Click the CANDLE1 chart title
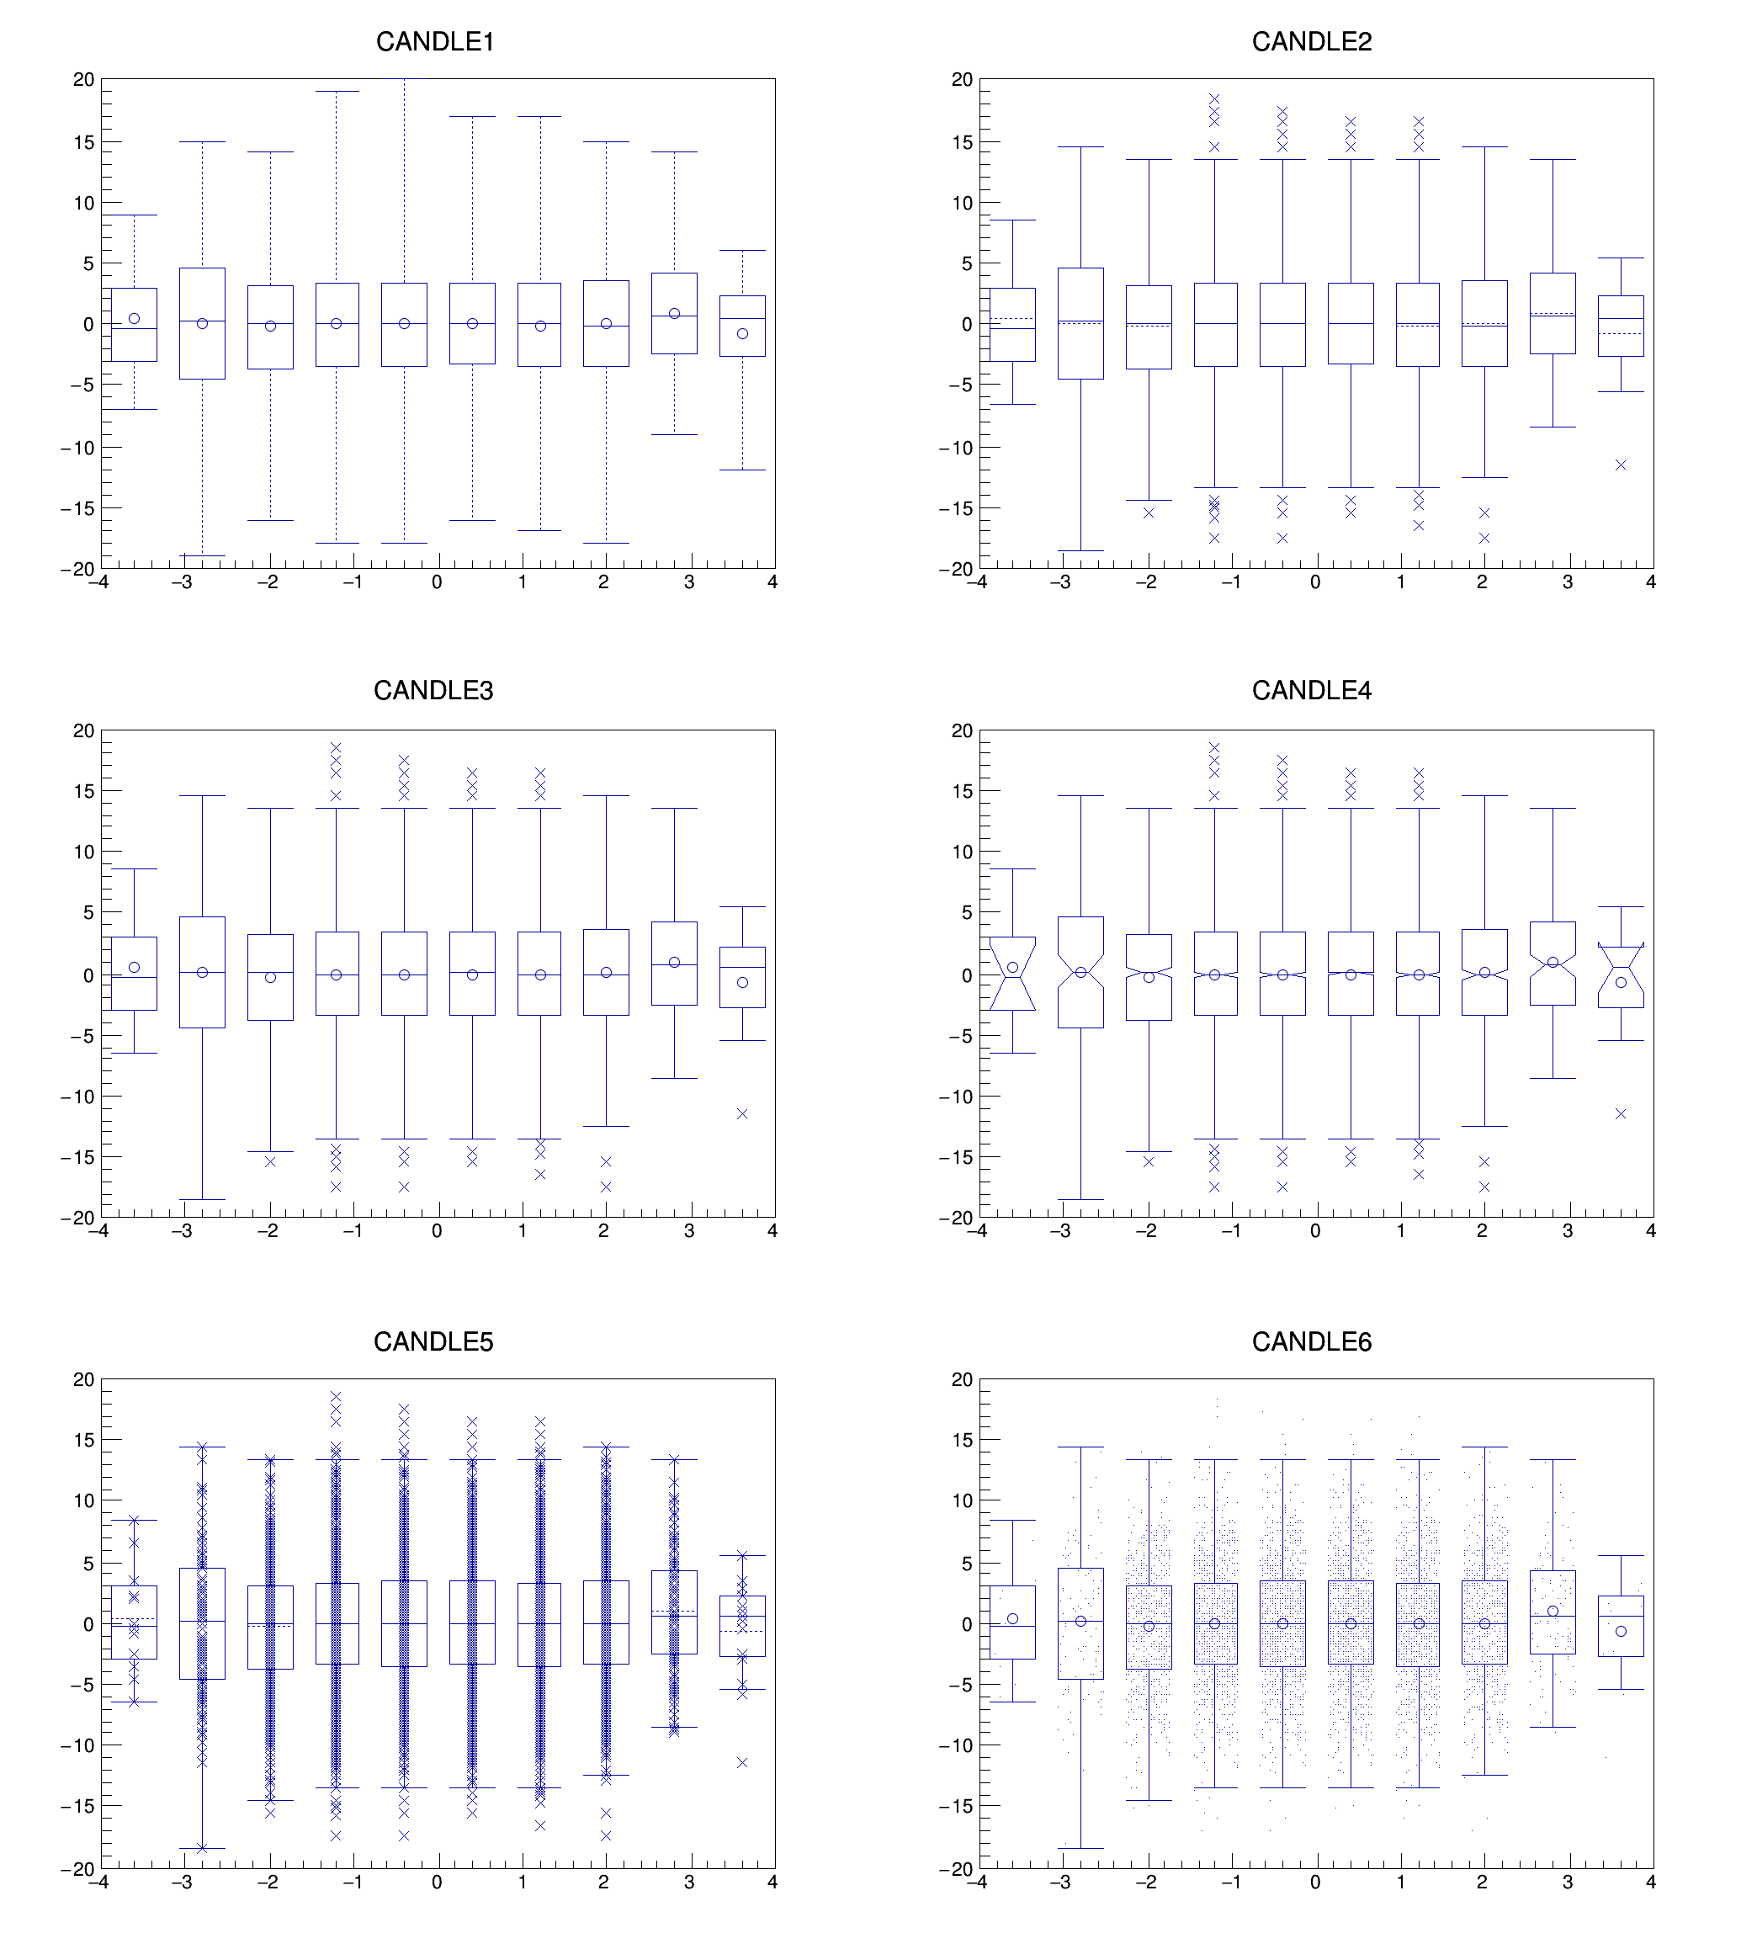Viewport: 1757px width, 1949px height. tap(434, 41)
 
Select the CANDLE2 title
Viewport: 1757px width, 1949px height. tap(1311, 41)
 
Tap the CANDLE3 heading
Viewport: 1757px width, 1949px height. tap(433, 690)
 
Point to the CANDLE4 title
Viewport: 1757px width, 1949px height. tap(1311, 690)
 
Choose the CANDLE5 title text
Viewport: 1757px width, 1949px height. tap(433, 1341)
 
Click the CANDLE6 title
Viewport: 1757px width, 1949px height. tap(1311, 1341)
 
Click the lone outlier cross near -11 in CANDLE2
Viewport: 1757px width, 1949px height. tap(1621, 465)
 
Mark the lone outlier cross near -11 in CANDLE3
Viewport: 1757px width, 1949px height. tap(742, 1114)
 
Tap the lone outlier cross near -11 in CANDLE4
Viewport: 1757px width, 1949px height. tap(1621, 1114)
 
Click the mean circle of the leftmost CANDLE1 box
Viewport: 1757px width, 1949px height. tap(134, 319)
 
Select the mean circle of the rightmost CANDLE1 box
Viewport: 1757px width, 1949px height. tap(742, 334)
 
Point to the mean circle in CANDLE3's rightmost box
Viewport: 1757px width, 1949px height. tap(742, 983)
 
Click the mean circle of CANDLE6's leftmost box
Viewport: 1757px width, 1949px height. tap(1012, 1619)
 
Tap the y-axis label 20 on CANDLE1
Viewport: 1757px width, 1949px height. tap(84, 80)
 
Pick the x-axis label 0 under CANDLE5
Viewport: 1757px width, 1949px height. tap(438, 1883)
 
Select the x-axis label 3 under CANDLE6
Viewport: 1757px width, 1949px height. tap(1568, 1883)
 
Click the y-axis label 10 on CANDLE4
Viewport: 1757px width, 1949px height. tap(962, 852)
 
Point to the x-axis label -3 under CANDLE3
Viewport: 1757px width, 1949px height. tap(183, 1231)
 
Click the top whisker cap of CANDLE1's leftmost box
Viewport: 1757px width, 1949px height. tap(134, 215)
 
